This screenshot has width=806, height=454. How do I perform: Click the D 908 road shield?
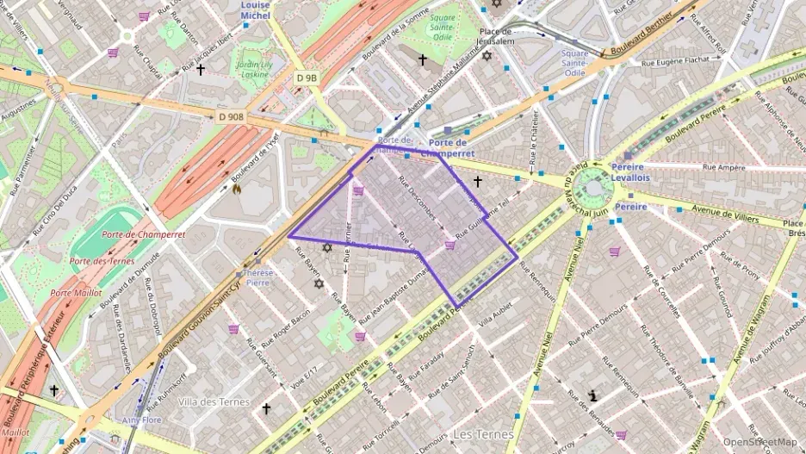[x=231, y=116]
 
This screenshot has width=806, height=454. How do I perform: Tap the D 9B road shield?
[x=307, y=78]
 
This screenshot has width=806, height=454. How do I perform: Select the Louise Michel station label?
[x=255, y=9]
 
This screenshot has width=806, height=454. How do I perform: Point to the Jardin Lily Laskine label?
[x=254, y=69]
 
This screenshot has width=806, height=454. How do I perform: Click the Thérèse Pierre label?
[x=258, y=277]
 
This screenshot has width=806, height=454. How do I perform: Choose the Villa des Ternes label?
[x=213, y=401]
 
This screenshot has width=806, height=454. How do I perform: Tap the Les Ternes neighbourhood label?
[x=482, y=435]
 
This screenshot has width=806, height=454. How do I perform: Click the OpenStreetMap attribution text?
[x=760, y=442]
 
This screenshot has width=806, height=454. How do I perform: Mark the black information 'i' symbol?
[x=593, y=395]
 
